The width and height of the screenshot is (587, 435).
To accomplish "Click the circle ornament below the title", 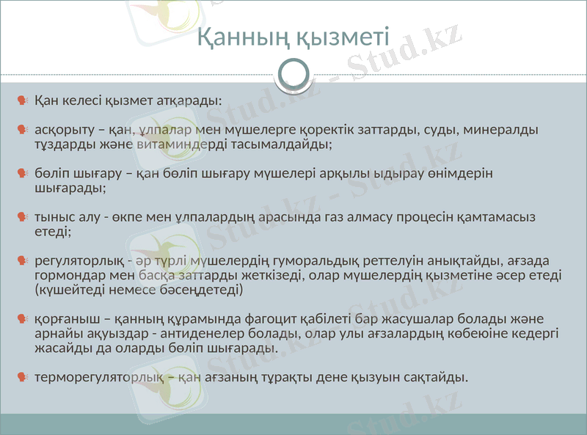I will [293, 74].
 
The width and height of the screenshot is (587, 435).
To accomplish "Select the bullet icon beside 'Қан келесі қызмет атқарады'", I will [23, 99].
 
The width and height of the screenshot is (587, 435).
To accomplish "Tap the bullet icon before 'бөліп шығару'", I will [23, 174].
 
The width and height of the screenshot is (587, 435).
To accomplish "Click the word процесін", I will [407, 217].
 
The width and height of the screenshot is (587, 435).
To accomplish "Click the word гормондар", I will [70, 276].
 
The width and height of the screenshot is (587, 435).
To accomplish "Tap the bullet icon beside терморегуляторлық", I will [23, 378].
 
